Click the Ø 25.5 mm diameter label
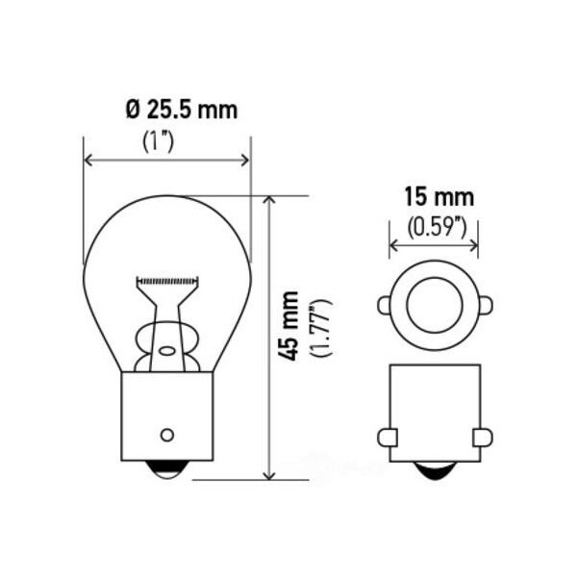point(182,110)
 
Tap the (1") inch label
point(158,141)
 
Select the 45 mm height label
point(288,326)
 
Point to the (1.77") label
point(321,328)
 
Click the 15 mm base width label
point(439,197)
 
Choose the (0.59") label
point(437,227)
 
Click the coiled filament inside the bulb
point(167,282)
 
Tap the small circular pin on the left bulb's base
point(167,435)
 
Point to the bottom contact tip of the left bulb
point(167,469)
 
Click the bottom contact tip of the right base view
point(435,470)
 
